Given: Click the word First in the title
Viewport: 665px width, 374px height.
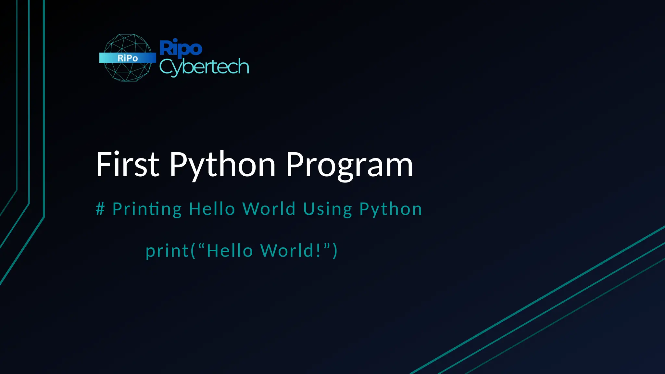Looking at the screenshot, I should (x=128, y=165).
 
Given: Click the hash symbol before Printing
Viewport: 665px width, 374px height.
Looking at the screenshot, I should (x=100, y=208).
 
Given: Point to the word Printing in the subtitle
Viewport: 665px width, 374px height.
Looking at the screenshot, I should (x=147, y=209).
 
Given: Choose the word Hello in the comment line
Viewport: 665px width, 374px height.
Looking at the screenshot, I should (x=212, y=209).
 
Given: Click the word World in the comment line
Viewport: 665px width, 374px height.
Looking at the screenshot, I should (x=269, y=209).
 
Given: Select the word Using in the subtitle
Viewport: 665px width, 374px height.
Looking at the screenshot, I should (x=328, y=209).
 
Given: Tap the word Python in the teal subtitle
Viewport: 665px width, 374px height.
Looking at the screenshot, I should (x=391, y=209).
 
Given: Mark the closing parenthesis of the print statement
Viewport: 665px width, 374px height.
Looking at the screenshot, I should (x=335, y=251).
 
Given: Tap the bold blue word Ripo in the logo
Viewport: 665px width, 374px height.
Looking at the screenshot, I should (x=181, y=48).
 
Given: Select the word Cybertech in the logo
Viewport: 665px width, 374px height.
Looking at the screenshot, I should (x=204, y=67).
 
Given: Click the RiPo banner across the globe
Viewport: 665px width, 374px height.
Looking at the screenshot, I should (x=128, y=58).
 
